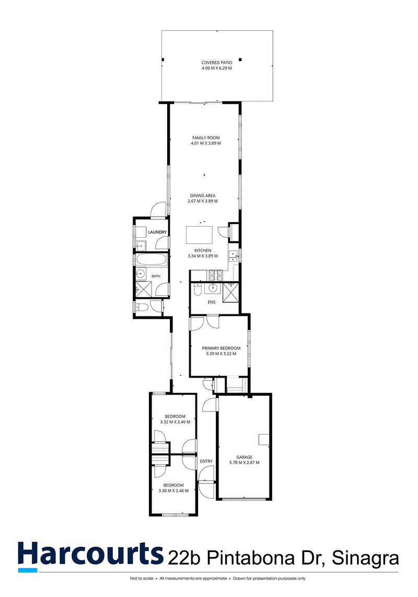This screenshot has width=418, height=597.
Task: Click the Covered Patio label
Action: coord(216,63)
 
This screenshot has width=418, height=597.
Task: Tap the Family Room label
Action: coord(206,138)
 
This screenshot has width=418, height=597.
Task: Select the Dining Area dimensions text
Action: coord(203,201)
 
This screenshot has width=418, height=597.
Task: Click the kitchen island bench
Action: coord(199,235)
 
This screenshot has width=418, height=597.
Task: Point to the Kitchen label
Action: coord(203,251)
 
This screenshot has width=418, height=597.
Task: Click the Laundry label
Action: coord(157,232)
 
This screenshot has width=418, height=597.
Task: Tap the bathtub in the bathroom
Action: coord(152,261)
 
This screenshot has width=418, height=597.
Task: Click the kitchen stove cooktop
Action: coord(216,274)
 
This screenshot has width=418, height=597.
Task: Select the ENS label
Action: coord(212,302)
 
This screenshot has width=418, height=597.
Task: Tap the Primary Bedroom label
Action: coord(221,348)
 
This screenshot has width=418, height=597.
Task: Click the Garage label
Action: coord(244,457)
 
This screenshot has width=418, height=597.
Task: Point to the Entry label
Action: coord(206,461)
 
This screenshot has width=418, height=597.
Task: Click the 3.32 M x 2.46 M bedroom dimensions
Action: coord(175,422)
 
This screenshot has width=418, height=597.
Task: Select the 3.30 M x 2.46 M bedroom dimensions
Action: coord(173,491)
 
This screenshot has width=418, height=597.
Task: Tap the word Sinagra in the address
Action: coord(366,558)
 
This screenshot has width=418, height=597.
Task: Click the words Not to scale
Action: coord(142,578)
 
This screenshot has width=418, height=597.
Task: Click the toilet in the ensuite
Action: coord(197,291)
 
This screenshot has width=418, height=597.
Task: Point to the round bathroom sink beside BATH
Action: coord(141,273)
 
